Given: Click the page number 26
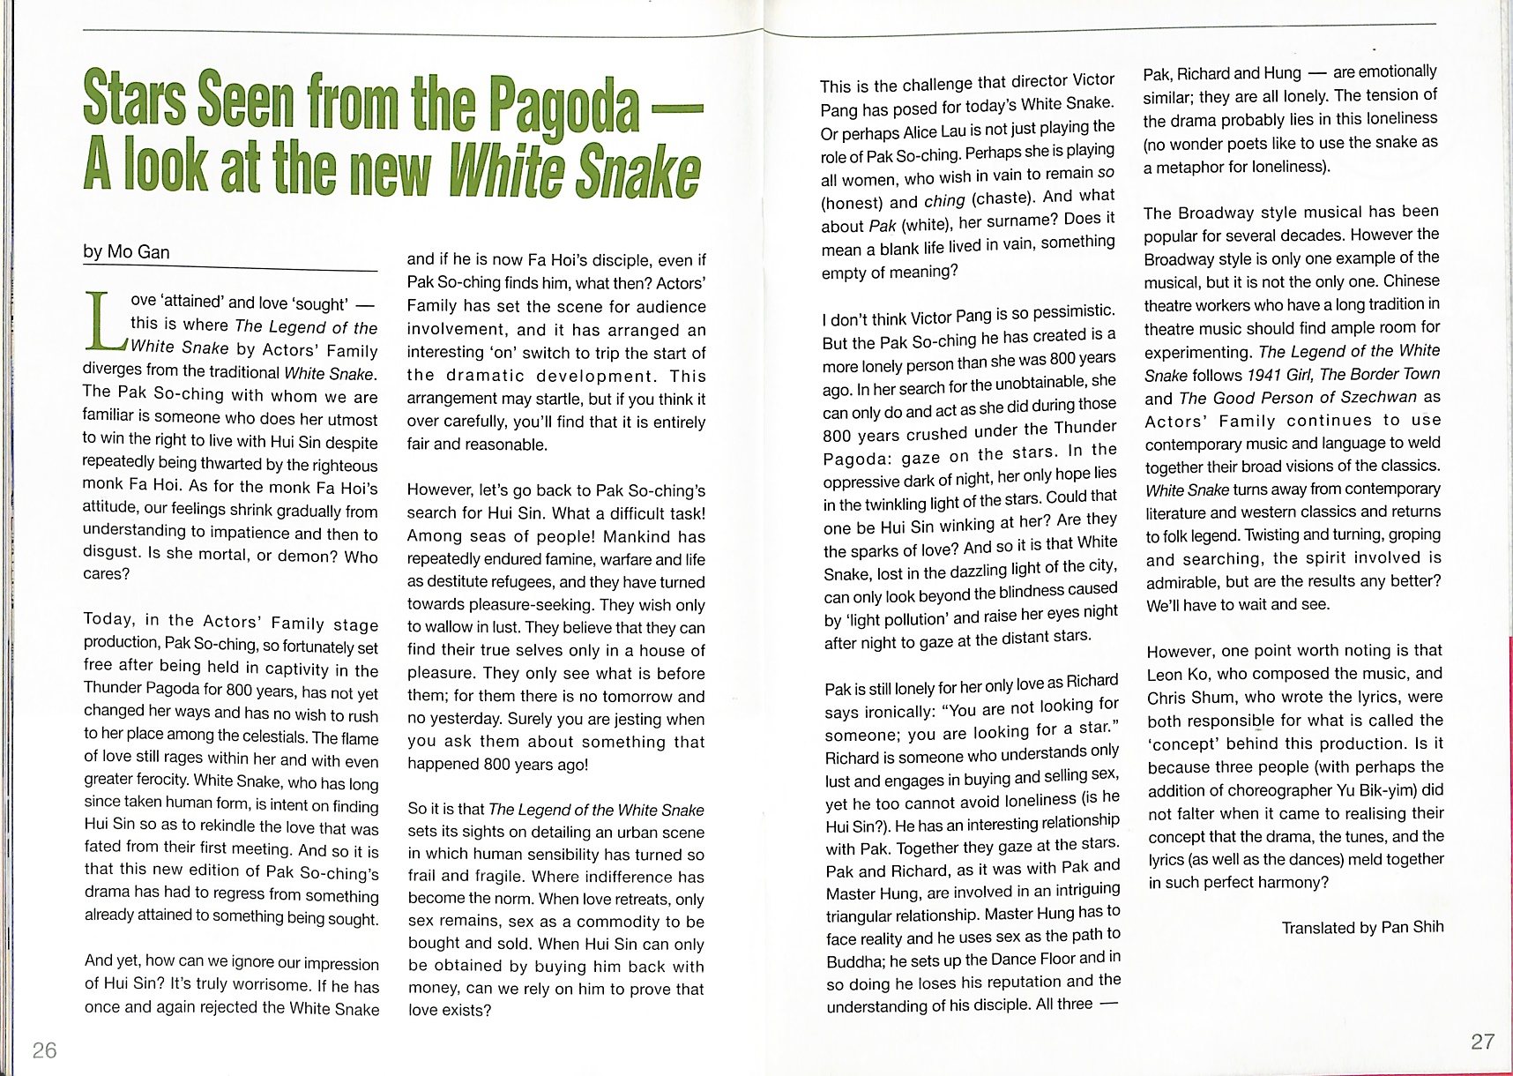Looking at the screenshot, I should tap(44, 1050).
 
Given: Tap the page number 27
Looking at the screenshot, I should tap(1483, 1042).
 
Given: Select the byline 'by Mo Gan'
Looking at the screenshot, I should tap(126, 252).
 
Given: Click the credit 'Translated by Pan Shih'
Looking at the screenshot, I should tap(1362, 928).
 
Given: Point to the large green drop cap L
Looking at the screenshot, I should tap(105, 321).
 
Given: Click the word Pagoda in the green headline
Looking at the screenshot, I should tap(564, 108).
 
